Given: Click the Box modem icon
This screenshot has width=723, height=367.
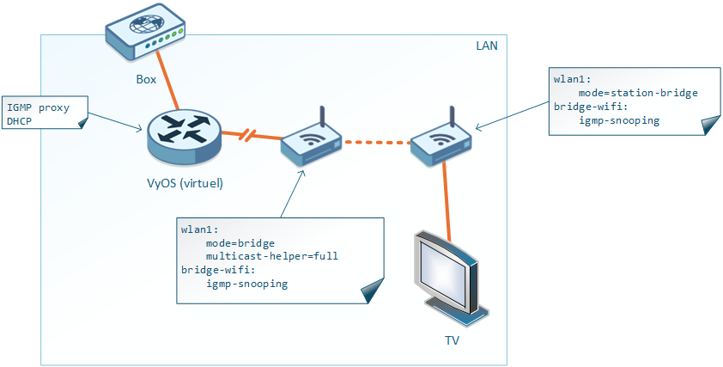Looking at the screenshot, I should [x=145, y=34].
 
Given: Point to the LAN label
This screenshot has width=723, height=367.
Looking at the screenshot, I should [x=487, y=45].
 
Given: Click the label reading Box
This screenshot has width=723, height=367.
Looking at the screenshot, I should [x=146, y=80].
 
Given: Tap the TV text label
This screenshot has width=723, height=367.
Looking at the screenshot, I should [x=451, y=340].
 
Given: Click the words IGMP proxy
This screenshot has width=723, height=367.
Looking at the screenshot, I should [x=37, y=108].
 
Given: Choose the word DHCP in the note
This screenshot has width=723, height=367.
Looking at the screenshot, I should [x=19, y=122].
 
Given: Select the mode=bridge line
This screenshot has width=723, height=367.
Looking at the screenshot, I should [x=240, y=243].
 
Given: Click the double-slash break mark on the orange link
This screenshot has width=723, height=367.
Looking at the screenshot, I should [x=246, y=135].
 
